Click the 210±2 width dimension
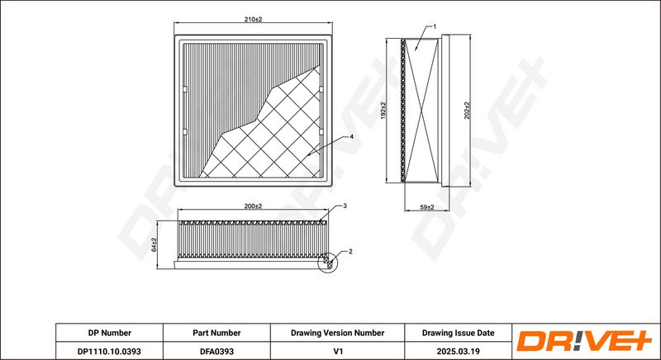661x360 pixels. coord(253,19)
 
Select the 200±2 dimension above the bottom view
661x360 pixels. coord(253,206)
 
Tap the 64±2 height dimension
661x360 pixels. coord(154,244)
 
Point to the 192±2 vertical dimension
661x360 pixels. coord(383,111)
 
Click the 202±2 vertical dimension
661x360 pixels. coord(467,111)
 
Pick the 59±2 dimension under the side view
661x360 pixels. coord(427,207)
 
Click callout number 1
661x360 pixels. coord(435,26)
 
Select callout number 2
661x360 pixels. coord(350,252)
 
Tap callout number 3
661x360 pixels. coord(345,206)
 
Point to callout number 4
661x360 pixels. coord(351,137)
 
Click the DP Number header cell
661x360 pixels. coord(110,333)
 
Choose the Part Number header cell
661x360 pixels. coord(216,333)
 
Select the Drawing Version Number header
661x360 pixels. coord(337,333)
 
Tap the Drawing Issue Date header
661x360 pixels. coord(459,333)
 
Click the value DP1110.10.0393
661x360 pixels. coord(110,351)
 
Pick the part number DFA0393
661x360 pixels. coord(216,351)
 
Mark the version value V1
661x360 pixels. coord(337,351)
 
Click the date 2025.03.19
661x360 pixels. coord(459,351)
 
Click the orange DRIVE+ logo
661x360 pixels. coord(585,341)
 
